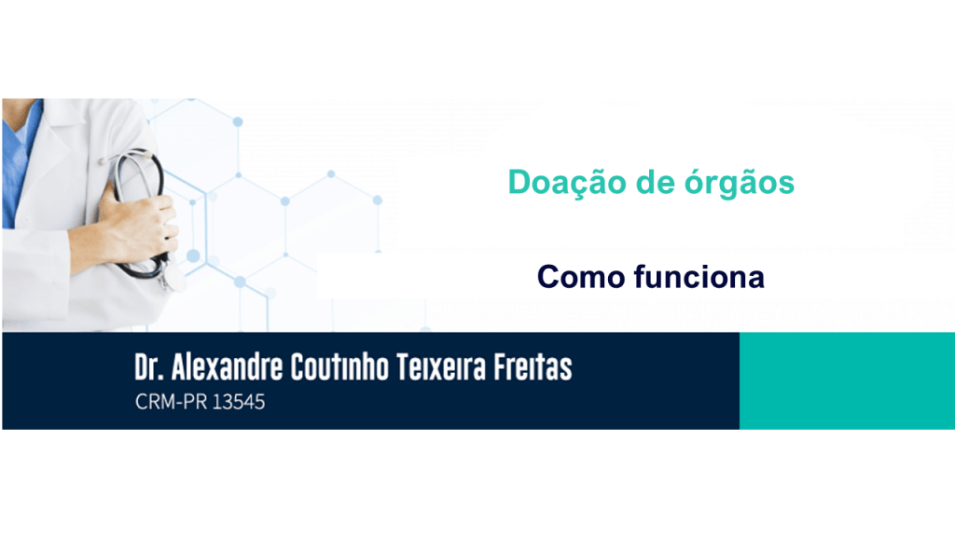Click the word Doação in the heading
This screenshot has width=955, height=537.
(567, 183)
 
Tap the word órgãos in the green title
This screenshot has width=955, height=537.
(740, 183)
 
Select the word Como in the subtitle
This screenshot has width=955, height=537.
(581, 277)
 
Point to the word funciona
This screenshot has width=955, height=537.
(699, 276)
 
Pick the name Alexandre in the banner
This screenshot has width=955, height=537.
(227, 367)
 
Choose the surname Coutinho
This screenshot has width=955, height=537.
(339, 367)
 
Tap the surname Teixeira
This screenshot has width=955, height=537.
(441, 367)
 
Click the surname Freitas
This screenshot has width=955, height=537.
(533, 367)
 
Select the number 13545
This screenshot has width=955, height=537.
(239, 402)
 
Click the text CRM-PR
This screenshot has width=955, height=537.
(172, 402)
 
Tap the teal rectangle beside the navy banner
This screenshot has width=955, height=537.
(847, 380)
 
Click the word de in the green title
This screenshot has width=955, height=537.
(655, 183)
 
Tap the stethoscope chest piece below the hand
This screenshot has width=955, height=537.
(174, 279)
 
